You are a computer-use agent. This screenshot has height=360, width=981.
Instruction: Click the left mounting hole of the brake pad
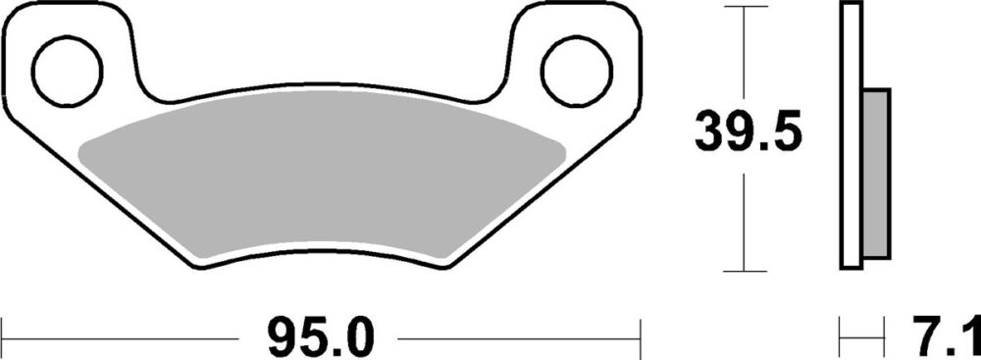coord(68,72)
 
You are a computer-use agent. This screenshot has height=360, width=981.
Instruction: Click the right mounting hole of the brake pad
coord(577,72)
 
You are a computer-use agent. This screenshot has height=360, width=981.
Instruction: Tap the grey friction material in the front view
coord(322,176)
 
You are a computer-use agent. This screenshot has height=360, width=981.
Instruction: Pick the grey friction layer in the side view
coord(876,174)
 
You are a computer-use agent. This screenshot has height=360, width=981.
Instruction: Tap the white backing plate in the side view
coord(851,136)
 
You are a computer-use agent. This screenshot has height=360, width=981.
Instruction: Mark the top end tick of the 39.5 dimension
coord(745,6)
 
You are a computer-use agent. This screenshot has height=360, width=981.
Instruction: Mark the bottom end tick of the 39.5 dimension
coord(745,271)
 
